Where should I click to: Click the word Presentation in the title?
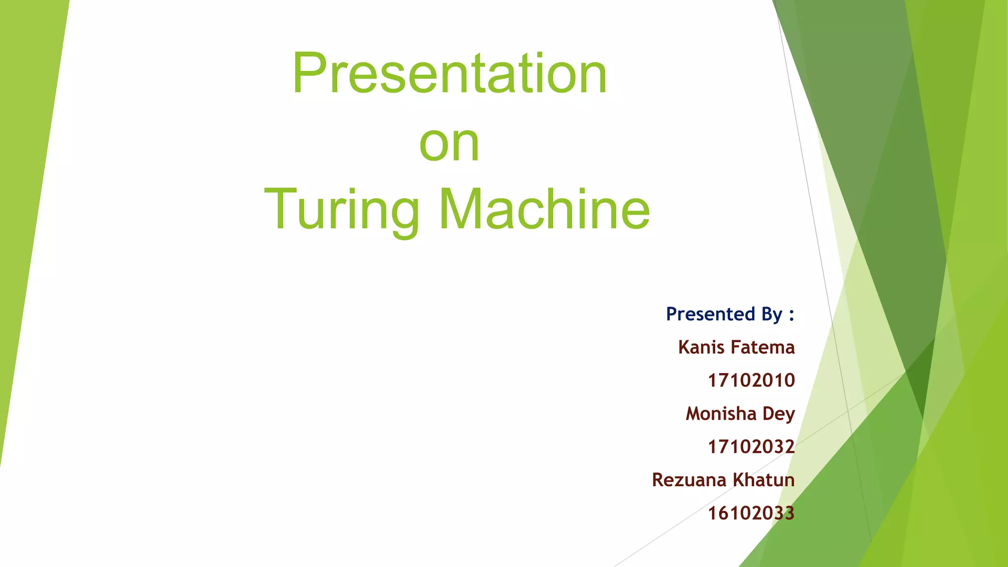(449, 74)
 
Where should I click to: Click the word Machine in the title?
(544, 209)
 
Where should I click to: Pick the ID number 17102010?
(751, 380)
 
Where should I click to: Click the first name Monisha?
(721, 413)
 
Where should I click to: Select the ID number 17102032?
(751, 447)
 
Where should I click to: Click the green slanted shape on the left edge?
(30, 197)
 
